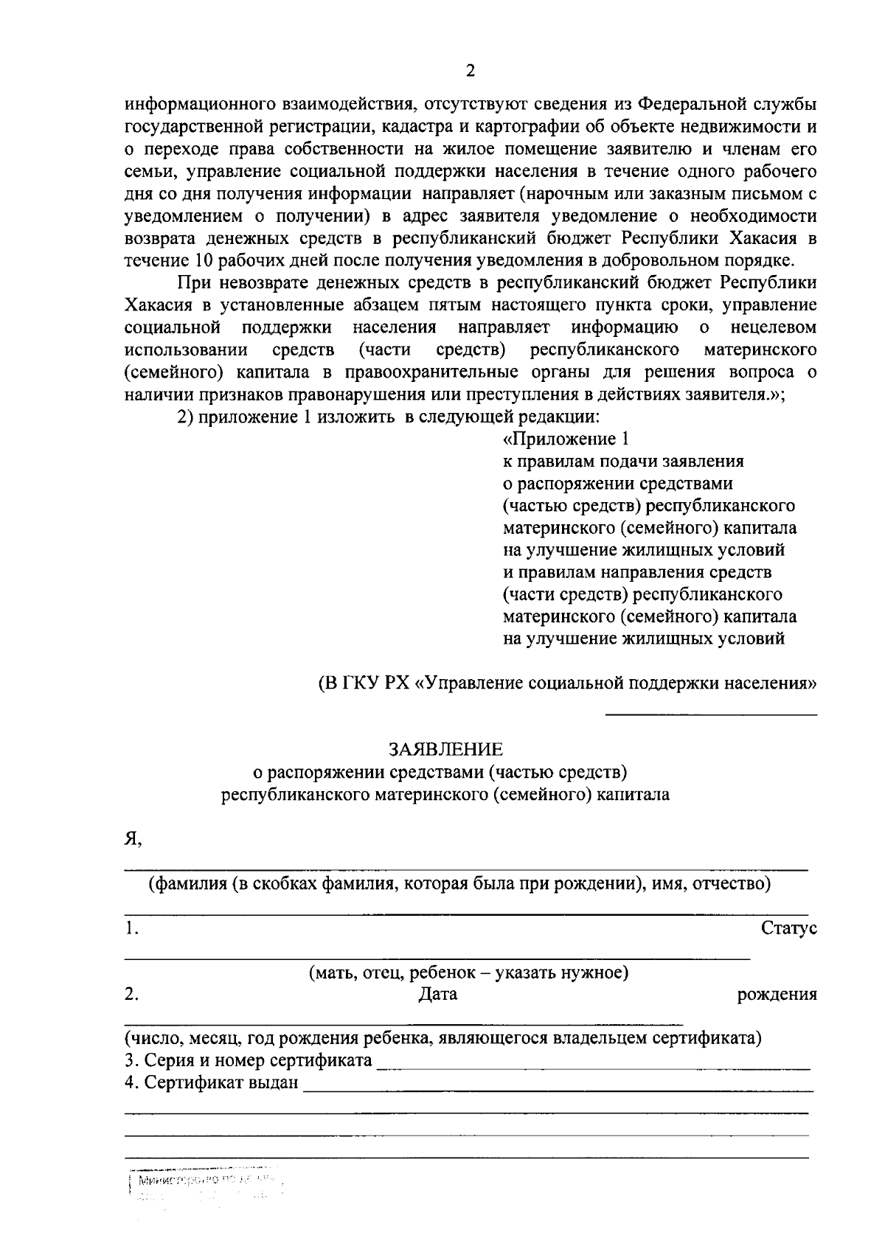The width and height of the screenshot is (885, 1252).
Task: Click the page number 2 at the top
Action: point(471,71)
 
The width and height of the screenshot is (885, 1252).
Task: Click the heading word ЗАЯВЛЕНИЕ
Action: point(446,750)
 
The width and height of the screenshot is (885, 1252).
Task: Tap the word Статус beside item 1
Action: point(788,929)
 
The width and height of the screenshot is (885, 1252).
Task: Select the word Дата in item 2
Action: point(438,994)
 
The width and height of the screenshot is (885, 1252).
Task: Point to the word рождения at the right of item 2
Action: point(777,995)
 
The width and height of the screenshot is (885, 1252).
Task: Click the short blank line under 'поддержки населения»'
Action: point(711,714)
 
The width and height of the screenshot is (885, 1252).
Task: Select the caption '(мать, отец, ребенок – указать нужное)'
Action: point(468,973)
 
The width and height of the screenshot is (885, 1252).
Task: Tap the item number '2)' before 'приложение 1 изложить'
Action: point(185,417)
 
